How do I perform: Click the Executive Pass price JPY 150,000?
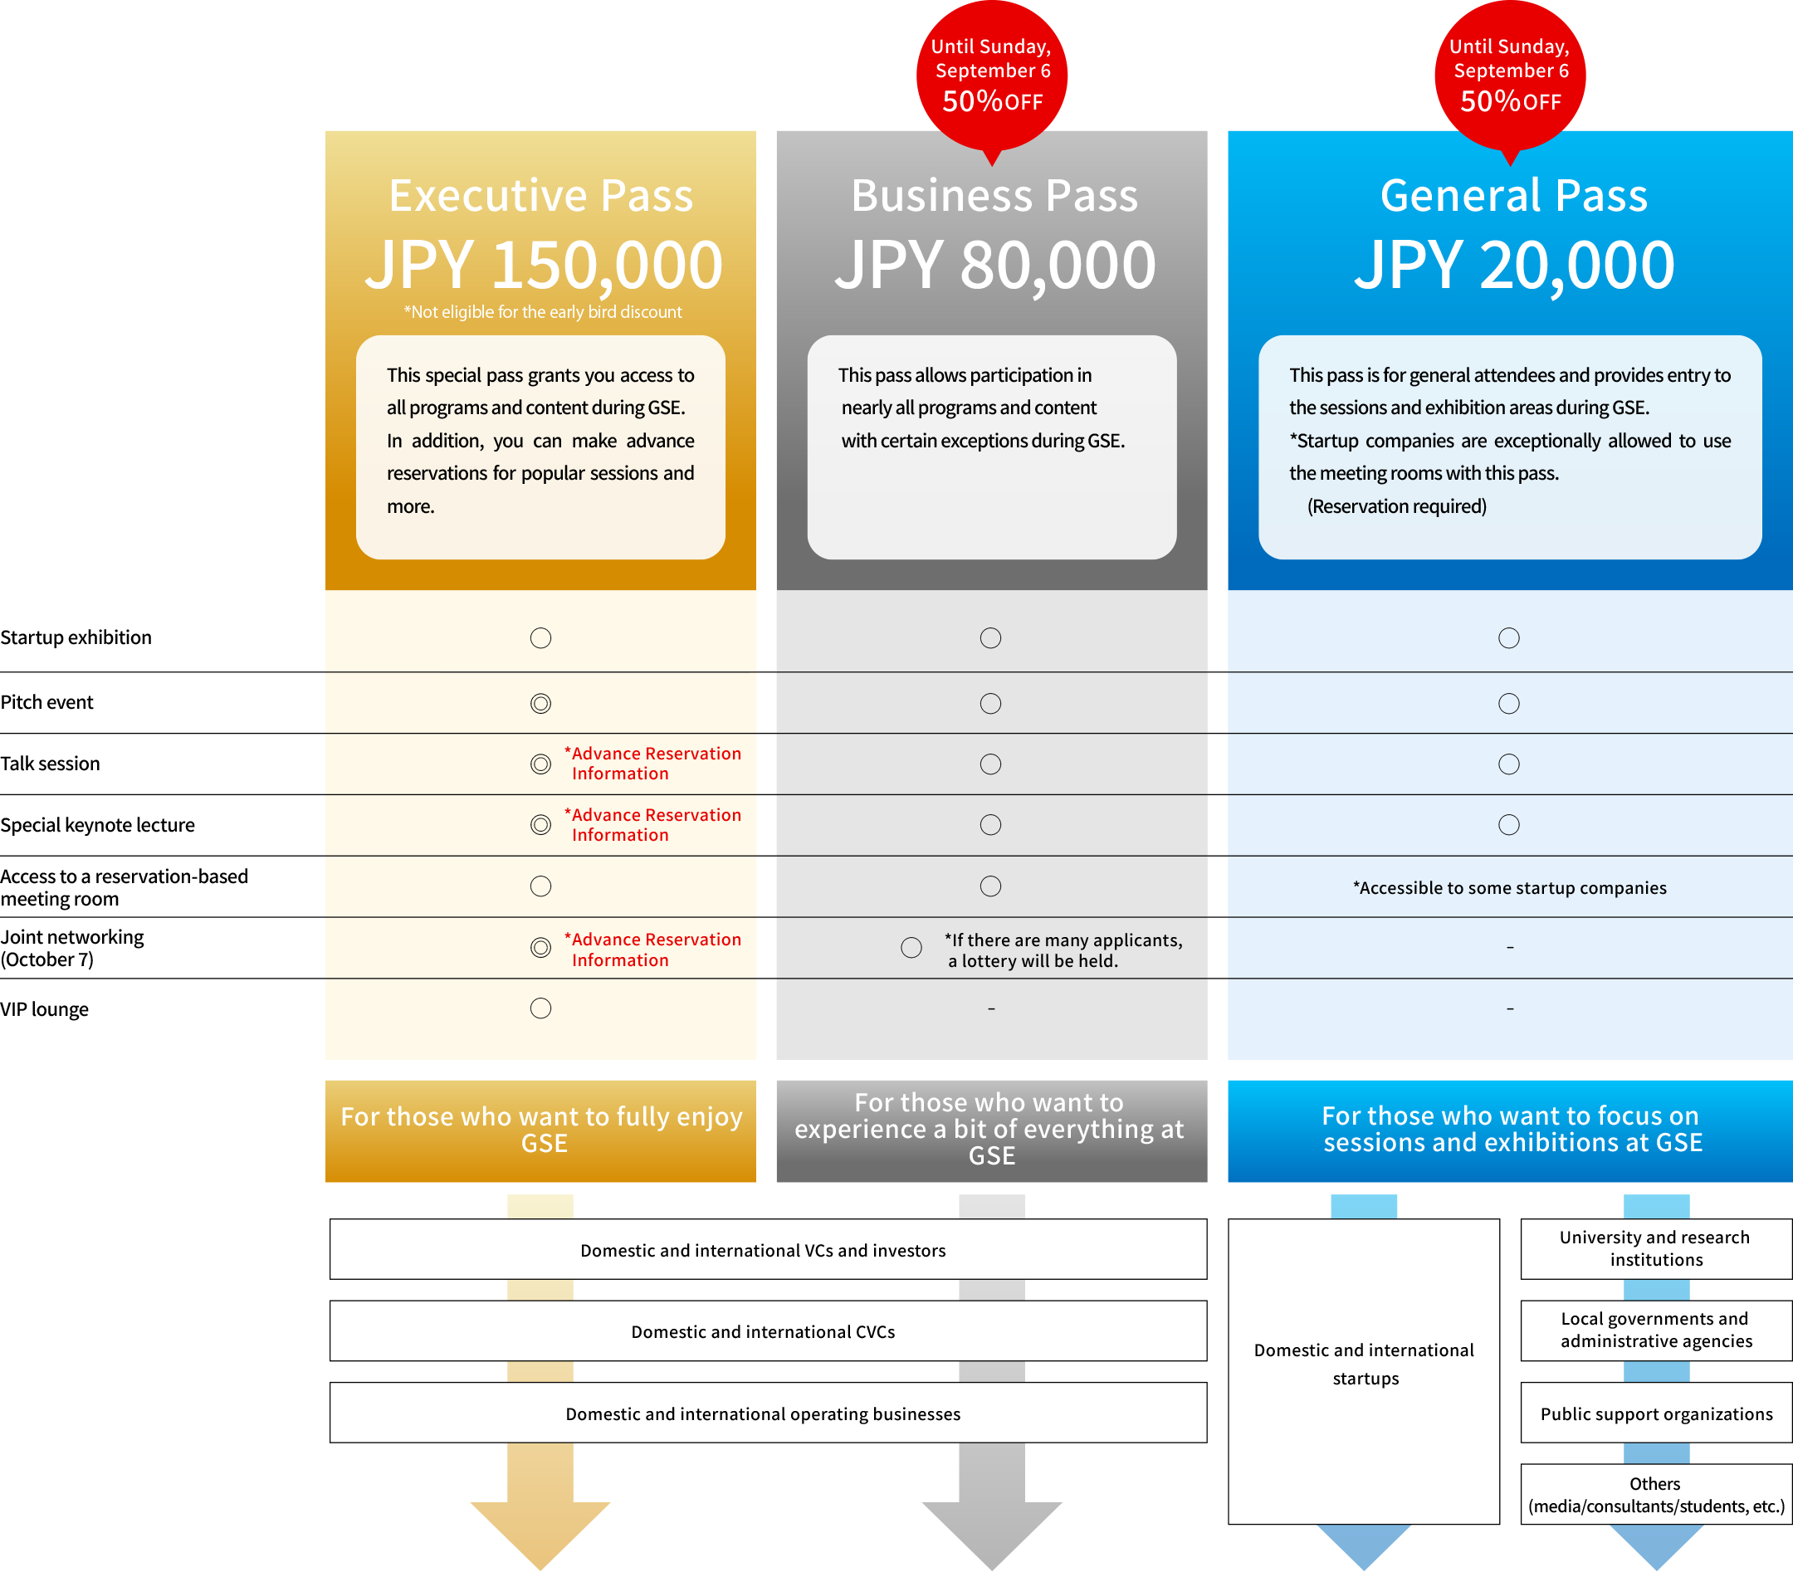pos(544,266)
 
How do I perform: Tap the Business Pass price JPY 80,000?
pos(994,266)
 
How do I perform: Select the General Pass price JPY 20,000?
pos(1514,266)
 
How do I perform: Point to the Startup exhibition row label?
pos(76,637)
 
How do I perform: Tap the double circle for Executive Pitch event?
pos(541,704)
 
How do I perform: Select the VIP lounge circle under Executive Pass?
pos(541,1008)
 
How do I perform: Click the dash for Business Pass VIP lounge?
pos(991,1008)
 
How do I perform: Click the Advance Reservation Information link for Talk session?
pos(653,764)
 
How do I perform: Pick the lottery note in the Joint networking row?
pos(1064,950)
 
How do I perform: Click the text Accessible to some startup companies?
pos(1510,888)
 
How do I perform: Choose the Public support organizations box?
pos(1656,1413)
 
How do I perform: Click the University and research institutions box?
pos(1656,1249)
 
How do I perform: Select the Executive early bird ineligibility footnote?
pos(543,312)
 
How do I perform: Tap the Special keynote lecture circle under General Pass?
pos(1509,825)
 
